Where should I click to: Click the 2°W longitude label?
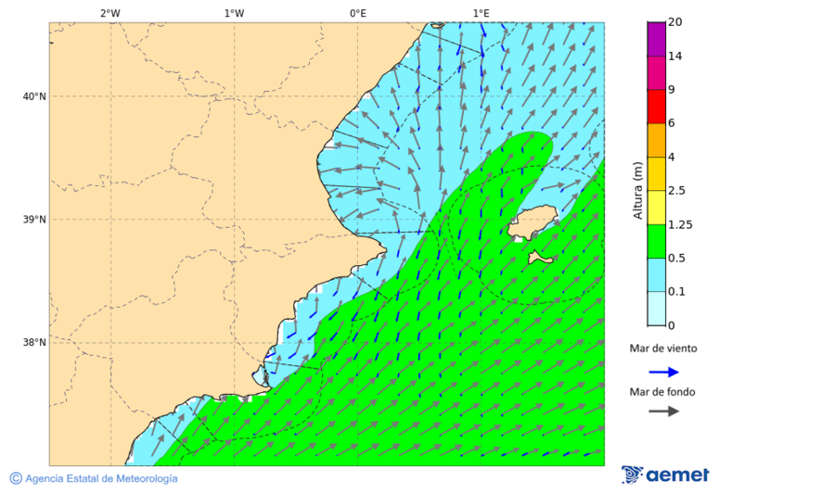109,13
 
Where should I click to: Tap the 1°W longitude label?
234,13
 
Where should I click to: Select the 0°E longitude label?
357,13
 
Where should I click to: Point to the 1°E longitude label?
481,13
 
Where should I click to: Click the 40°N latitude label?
34,96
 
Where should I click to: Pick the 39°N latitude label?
34,220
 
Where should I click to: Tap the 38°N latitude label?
34,343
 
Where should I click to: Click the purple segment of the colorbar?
656,39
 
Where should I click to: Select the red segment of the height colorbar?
656,107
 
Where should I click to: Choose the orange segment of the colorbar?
656,140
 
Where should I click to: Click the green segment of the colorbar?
656,241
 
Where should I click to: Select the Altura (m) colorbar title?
637,190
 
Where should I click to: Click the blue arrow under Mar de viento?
663,372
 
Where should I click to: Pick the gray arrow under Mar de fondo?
663,412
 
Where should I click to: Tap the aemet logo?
665,475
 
